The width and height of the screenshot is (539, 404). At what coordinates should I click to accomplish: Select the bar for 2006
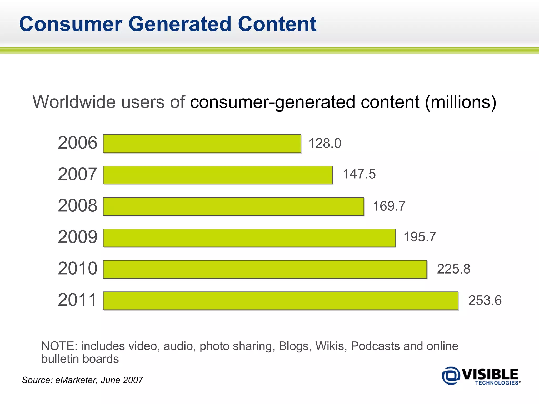(x=202, y=144)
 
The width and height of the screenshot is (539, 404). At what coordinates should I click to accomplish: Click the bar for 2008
(x=233, y=206)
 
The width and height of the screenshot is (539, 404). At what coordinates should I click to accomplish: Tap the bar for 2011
(x=281, y=301)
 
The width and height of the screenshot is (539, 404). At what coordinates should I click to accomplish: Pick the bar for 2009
(x=249, y=238)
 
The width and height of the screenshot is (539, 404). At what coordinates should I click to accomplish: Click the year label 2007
(x=77, y=174)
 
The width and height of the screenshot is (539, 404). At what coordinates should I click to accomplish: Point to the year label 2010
(x=77, y=269)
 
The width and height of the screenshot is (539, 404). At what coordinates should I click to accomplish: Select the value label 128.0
(x=325, y=144)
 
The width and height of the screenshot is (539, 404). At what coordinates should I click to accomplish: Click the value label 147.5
(x=359, y=174)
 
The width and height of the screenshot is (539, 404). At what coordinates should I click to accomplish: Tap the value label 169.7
(x=389, y=206)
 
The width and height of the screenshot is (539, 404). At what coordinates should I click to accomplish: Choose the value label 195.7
(x=420, y=237)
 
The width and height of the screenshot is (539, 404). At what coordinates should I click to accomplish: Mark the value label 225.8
(x=453, y=269)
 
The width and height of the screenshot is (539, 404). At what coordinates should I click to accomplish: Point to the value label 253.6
(x=485, y=300)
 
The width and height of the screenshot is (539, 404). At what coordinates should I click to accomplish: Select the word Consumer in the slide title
(x=71, y=24)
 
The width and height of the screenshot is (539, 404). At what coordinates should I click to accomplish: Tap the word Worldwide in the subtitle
(x=74, y=102)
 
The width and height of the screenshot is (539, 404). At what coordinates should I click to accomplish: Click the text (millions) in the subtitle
(x=461, y=102)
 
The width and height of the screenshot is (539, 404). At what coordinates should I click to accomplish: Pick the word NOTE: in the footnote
(x=59, y=346)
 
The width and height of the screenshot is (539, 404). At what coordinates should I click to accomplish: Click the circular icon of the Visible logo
(x=451, y=376)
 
